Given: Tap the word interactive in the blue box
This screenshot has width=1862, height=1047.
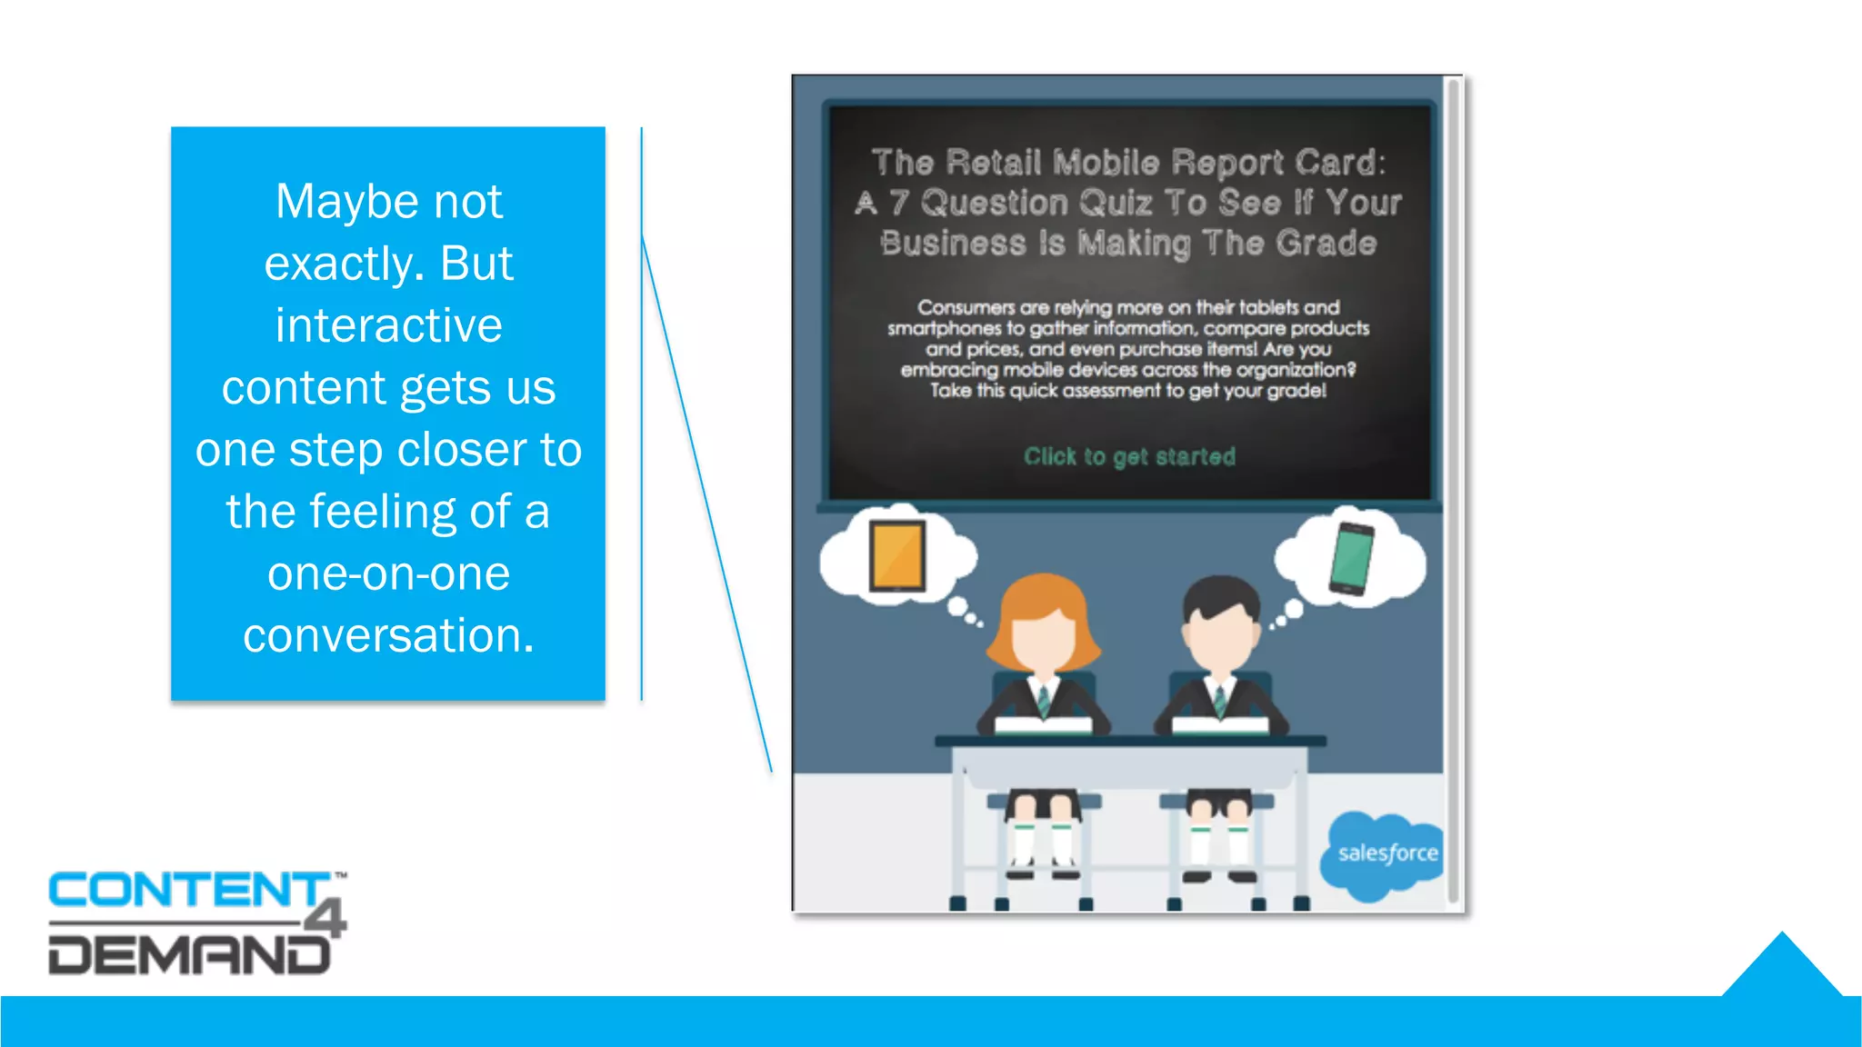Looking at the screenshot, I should click(x=389, y=325).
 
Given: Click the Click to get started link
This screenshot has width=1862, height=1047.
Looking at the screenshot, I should click(x=1129, y=456).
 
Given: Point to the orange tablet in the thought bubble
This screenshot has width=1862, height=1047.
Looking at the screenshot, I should click(x=897, y=554).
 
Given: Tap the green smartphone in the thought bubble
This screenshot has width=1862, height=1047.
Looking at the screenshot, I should click(x=1351, y=558).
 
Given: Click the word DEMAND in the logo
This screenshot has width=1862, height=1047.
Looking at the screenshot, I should click(x=189, y=955).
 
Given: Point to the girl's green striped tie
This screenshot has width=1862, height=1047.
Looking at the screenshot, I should click(x=1044, y=700).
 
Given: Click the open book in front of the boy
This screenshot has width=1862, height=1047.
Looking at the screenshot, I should click(x=1220, y=724).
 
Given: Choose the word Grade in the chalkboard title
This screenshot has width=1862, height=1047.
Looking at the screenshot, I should click(x=1326, y=244).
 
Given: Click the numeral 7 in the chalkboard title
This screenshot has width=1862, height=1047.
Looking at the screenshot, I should click(x=899, y=203).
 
